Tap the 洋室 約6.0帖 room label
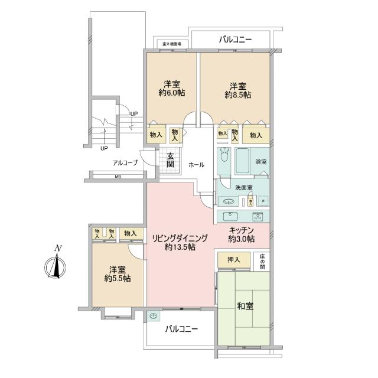(170, 89)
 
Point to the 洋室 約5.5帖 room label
(118, 273)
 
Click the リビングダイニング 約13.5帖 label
(181, 243)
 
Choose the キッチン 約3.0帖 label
(242, 234)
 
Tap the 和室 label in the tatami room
(245, 306)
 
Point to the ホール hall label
(196, 165)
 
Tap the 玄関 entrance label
(170, 160)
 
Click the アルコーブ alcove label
(125, 162)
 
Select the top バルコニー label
(235, 40)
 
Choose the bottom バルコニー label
(181, 328)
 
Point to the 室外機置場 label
(172, 44)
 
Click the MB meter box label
(118, 177)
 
